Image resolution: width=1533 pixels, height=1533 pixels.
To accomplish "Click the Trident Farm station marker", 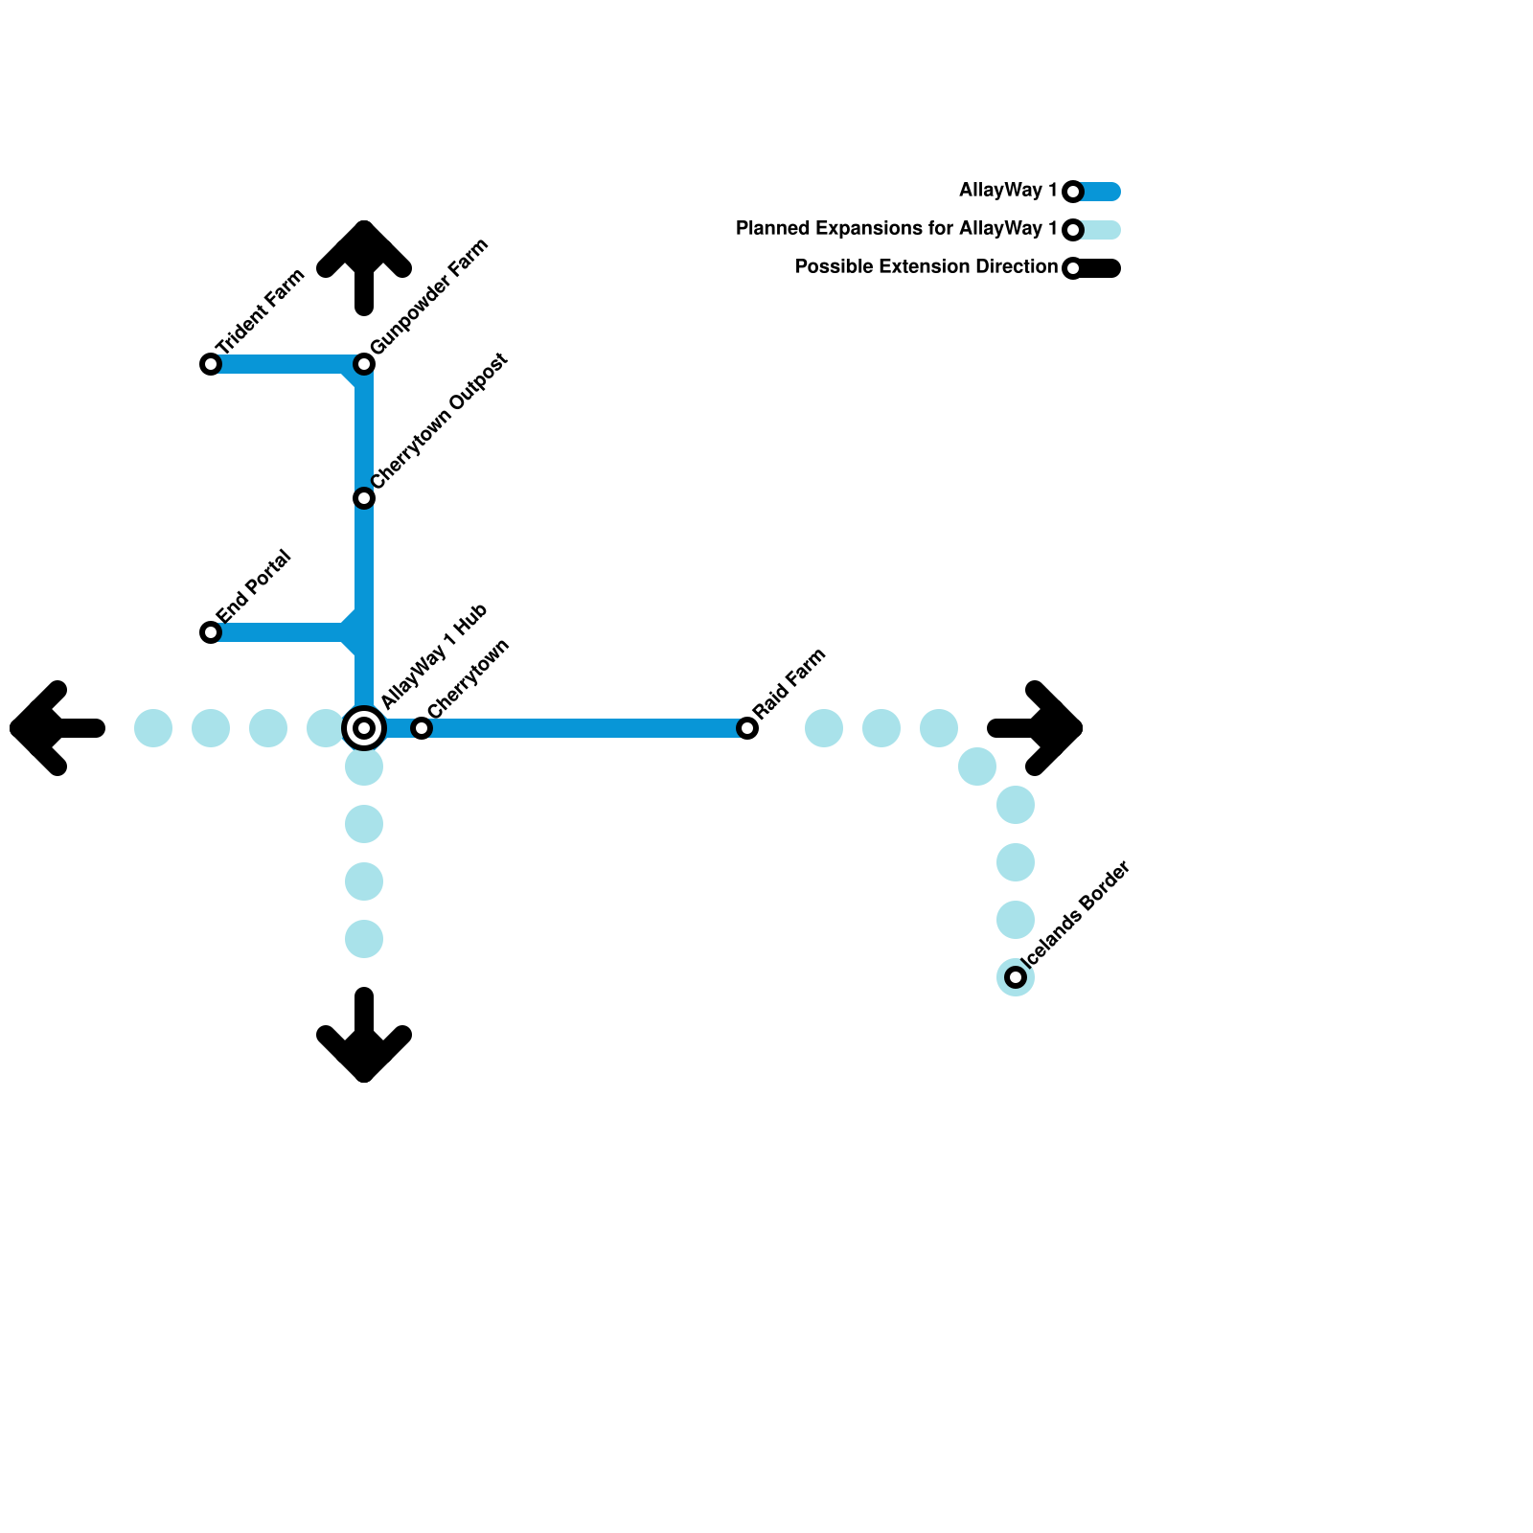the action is pyautogui.click(x=211, y=364).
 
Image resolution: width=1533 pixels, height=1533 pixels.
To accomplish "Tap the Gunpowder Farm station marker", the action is pyautogui.click(x=364, y=364).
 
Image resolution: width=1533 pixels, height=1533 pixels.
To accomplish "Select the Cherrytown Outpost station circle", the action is pyautogui.click(x=364, y=498).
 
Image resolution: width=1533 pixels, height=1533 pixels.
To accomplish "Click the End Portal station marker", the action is pyautogui.click(x=211, y=632).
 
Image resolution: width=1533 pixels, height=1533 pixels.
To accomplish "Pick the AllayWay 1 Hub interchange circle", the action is pyautogui.click(x=364, y=728).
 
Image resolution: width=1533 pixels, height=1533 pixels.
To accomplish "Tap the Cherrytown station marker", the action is pyautogui.click(x=422, y=728).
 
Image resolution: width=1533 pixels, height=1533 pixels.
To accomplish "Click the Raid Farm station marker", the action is pyautogui.click(x=747, y=728).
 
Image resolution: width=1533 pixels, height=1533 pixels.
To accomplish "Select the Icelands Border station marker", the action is pyautogui.click(x=1016, y=977).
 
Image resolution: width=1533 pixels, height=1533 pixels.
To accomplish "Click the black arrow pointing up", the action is pyautogui.click(x=364, y=263).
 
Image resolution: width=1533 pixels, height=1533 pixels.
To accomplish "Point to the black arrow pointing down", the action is pyautogui.click(x=364, y=1040).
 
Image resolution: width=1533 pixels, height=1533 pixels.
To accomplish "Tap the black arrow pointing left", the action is pyautogui.click(x=53, y=728).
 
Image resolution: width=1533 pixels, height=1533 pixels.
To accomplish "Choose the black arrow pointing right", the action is pyautogui.click(x=1040, y=728).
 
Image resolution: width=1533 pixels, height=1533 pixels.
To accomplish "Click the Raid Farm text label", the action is pyautogui.click(x=789, y=683).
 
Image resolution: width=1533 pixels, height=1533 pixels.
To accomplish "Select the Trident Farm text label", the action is pyautogui.click(x=260, y=311).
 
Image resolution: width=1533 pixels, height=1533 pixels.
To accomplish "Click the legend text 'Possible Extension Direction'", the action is pyautogui.click(x=926, y=267).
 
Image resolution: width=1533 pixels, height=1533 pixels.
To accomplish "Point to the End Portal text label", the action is pyautogui.click(x=253, y=585).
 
